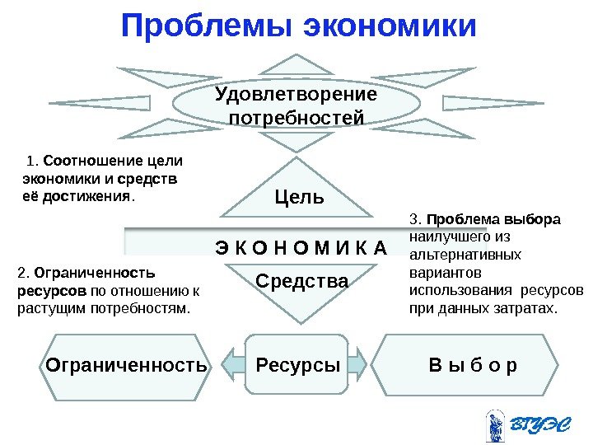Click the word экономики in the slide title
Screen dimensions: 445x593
(x=390, y=26)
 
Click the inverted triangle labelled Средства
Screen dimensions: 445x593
(x=301, y=284)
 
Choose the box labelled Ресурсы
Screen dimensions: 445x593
(x=297, y=363)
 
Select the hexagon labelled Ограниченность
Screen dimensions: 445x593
(x=125, y=364)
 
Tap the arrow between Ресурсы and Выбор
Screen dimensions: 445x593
(x=362, y=363)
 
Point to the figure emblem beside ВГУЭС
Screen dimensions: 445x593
(x=495, y=425)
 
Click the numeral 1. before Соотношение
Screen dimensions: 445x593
(x=32, y=161)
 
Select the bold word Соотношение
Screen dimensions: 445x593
(x=90, y=161)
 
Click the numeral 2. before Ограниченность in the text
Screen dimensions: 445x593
(x=22, y=273)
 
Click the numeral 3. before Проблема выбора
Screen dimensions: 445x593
(x=414, y=220)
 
